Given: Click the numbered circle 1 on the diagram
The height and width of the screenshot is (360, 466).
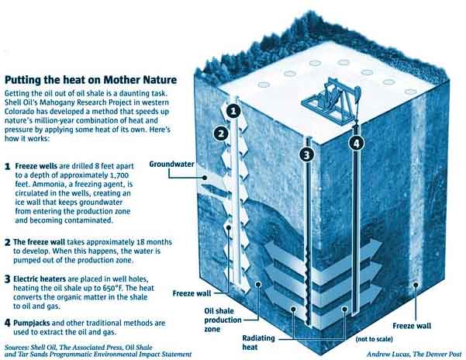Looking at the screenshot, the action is point(233,111).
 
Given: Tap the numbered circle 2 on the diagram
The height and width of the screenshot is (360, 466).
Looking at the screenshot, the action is point(221,133).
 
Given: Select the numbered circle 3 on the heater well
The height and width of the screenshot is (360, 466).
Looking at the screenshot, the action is point(307,154).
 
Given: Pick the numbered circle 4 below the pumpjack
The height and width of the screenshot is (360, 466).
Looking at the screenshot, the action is point(357,144).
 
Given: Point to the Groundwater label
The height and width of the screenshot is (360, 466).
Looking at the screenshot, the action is point(172,164).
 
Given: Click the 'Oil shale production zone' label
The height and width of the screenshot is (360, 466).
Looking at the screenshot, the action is point(223,320).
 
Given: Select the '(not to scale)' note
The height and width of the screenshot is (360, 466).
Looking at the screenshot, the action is point(375,339).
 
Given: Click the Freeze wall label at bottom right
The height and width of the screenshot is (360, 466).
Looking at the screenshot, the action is point(412,326).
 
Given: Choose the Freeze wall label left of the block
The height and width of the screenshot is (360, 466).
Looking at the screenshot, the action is point(192,293).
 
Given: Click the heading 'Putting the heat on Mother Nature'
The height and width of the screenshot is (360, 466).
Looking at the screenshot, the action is point(91,80).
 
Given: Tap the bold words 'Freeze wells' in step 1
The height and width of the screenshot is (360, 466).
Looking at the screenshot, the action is point(36,166).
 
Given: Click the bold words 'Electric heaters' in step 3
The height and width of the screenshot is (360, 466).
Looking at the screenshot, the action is point(40,279).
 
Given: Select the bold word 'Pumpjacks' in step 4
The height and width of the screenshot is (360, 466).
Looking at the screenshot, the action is point(32,323).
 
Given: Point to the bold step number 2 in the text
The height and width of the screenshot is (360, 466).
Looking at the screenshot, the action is point(8,242).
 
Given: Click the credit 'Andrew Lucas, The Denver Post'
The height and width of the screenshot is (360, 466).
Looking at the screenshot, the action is point(414,354).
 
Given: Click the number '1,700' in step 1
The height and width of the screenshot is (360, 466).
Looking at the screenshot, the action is point(118,175).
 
